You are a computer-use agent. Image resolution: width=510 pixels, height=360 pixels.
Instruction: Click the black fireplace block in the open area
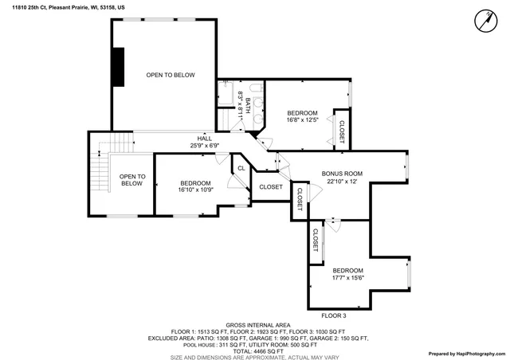pos(118,66)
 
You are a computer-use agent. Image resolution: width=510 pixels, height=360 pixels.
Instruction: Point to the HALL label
pos(205,138)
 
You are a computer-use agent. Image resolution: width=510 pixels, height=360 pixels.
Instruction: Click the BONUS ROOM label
pos(342,174)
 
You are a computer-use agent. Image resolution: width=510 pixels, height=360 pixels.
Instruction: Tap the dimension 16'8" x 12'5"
pos(303,120)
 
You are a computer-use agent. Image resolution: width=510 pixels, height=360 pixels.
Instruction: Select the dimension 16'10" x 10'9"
pos(195,190)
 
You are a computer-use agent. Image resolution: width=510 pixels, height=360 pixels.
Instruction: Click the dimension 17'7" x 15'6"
pos(347,278)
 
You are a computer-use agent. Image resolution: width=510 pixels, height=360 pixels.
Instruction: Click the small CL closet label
pos(241,168)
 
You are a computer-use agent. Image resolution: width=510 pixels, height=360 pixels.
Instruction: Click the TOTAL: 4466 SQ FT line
pos(255,351)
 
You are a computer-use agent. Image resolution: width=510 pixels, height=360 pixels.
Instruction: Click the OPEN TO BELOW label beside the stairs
pos(132,180)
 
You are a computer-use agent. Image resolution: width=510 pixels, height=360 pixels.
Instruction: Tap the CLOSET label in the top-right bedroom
pos(342,131)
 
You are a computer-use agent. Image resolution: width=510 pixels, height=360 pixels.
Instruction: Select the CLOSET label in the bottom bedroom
pos(316,242)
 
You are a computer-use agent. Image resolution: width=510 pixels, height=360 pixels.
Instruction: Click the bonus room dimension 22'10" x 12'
pos(342,182)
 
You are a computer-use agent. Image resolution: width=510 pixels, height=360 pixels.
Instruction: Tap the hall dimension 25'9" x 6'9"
pos(205,146)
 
